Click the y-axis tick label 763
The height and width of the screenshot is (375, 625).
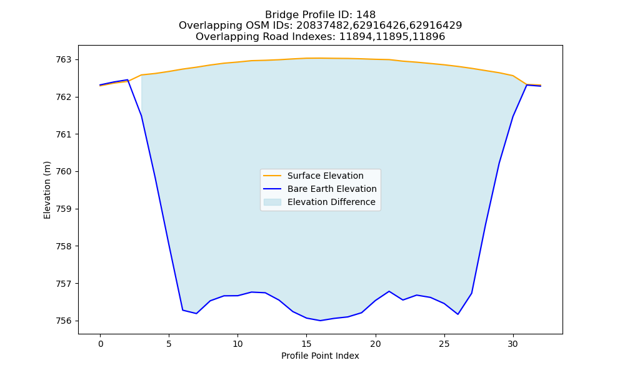tap(63, 60)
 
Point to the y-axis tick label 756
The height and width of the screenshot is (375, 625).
tap(63, 321)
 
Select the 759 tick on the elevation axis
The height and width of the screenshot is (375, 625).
tap(63, 209)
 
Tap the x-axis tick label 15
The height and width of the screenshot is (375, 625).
tap(306, 344)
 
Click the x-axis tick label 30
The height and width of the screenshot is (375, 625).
tap(513, 344)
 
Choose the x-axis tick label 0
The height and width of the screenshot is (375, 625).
tap(101, 344)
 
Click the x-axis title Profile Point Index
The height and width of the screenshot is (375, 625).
tap(320, 356)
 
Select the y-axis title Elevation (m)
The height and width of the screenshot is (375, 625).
tap(47, 190)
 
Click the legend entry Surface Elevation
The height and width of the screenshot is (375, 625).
tap(325, 176)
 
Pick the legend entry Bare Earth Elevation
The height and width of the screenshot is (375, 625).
tap(332, 189)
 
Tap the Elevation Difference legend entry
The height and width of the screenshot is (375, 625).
tap(331, 202)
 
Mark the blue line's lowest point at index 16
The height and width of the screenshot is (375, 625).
tap(320, 321)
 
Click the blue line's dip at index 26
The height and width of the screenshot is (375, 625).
tap(457, 314)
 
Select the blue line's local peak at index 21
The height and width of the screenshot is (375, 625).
tap(389, 291)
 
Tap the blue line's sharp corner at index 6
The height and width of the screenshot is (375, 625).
tap(182, 309)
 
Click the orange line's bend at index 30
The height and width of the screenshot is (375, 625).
tap(513, 76)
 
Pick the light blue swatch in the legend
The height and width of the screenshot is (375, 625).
tap(272, 202)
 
